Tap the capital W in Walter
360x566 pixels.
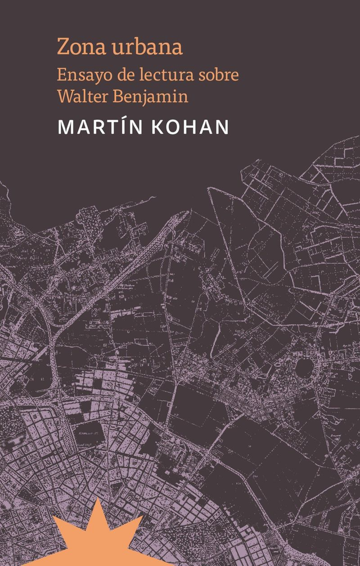pyautogui.click(x=64, y=96)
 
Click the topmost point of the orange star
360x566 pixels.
pyautogui.click(x=96, y=498)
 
